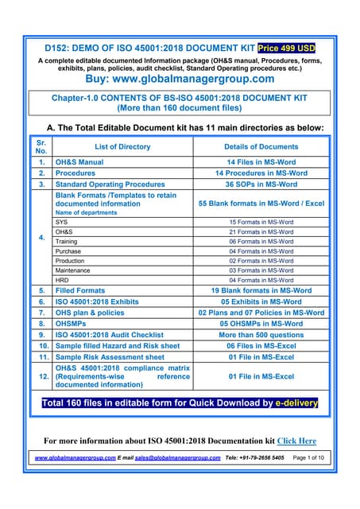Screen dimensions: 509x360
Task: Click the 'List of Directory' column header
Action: coord(122,146)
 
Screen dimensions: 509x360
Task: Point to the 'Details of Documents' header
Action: coord(261,146)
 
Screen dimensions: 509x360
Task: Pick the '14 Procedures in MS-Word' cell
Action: coord(261,173)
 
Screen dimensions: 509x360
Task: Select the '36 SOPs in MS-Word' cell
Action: coord(261,184)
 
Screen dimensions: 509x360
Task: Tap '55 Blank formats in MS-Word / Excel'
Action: coord(261,204)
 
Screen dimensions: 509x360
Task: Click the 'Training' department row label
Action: coord(68,241)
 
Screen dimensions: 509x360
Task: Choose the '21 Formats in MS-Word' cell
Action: coord(261,231)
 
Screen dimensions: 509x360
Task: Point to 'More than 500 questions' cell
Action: coord(261,335)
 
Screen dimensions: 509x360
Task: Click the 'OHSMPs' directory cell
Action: coord(75,324)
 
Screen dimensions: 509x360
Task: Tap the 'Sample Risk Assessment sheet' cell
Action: coord(110,357)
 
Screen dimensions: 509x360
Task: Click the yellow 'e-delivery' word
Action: coord(290,402)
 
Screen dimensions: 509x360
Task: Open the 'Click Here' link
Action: coord(296,441)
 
